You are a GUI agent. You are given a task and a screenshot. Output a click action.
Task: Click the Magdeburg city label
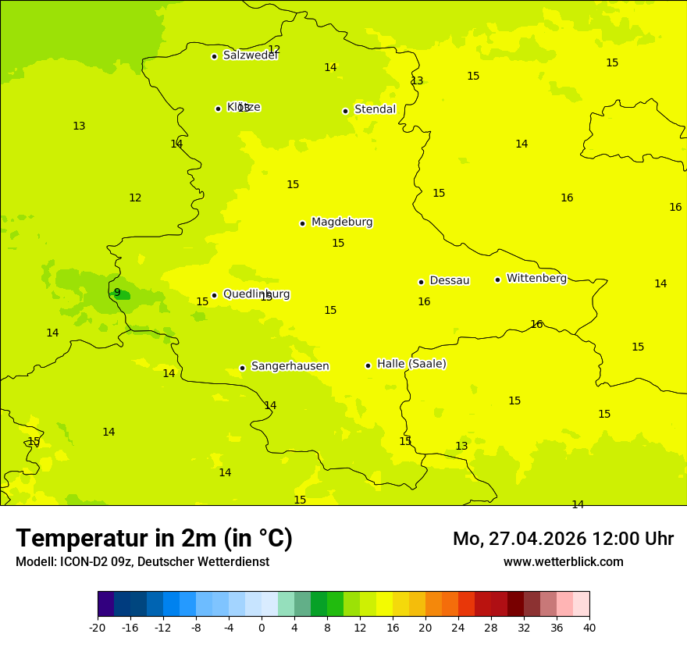pyautogui.click(x=342, y=223)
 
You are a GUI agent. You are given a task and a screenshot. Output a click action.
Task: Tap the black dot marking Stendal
pyautogui.click(x=345, y=111)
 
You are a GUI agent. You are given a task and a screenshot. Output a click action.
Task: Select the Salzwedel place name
pyautogui.click(x=251, y=55)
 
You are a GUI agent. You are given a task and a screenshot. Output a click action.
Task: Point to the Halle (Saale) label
pyautogui.click(x=411, y=364)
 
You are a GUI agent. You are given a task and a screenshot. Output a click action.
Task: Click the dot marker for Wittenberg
pyautogui.click(x=497, y=279)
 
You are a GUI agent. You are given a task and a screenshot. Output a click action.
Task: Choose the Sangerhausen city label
pyautogui.click(x=290, y=366)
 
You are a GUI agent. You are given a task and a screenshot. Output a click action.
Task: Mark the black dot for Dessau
pyautogui.click(x=421, y=282)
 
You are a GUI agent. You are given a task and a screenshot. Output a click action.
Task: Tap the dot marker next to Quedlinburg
pyautogui.click(x=214, y=295)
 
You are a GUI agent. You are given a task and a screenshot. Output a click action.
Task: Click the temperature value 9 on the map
pyautogui.click(x=117, y=293)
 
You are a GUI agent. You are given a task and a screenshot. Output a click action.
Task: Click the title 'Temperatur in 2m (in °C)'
pyautogui.click(x=154, y=539)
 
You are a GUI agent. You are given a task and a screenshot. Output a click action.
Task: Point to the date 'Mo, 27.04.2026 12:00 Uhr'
pyautogui.click(x=563, y=539)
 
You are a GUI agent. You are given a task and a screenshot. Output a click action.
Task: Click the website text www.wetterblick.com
pyautogui.click(x=563, y=562)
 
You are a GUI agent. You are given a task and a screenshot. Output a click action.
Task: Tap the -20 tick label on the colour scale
pyautogui.click(x=98, y=627)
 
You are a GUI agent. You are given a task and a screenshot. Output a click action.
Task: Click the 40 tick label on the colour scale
pyautogui.click(x=589, y=627)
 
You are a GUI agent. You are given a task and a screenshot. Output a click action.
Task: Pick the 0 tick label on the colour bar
pyautogui.click(x=262, y=627)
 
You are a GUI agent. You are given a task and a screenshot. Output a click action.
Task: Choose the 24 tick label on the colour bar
pyautogui.click(x=458, y=627)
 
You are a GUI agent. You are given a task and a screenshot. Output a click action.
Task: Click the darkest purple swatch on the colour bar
pyautogui.click(x=105, y=604)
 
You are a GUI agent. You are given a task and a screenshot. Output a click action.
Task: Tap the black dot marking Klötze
pyautogui.click(x=218, y=109)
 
